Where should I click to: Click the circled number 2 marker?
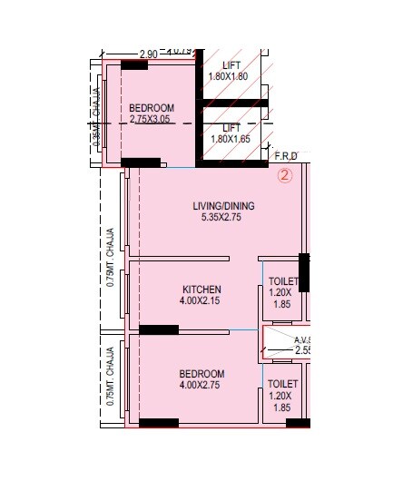click(x=284, y=177)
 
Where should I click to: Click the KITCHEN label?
click(x=201, y=290)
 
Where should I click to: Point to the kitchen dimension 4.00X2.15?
click(x=201, y=301)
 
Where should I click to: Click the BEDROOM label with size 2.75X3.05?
click(x=151, y=108)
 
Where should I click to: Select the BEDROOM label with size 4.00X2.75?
click(x=201, y=373)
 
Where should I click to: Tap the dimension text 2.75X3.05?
click(x=150, y=119)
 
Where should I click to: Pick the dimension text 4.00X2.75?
click(x=201, y=385)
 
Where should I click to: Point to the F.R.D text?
click(x=285, y=156)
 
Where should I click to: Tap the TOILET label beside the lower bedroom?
click(x=283, y=384)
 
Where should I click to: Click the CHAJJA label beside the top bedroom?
click(x=96, y=122)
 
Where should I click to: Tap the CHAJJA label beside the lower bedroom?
click(x=111, y=374)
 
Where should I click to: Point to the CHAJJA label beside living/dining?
click(x=111, y=258)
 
